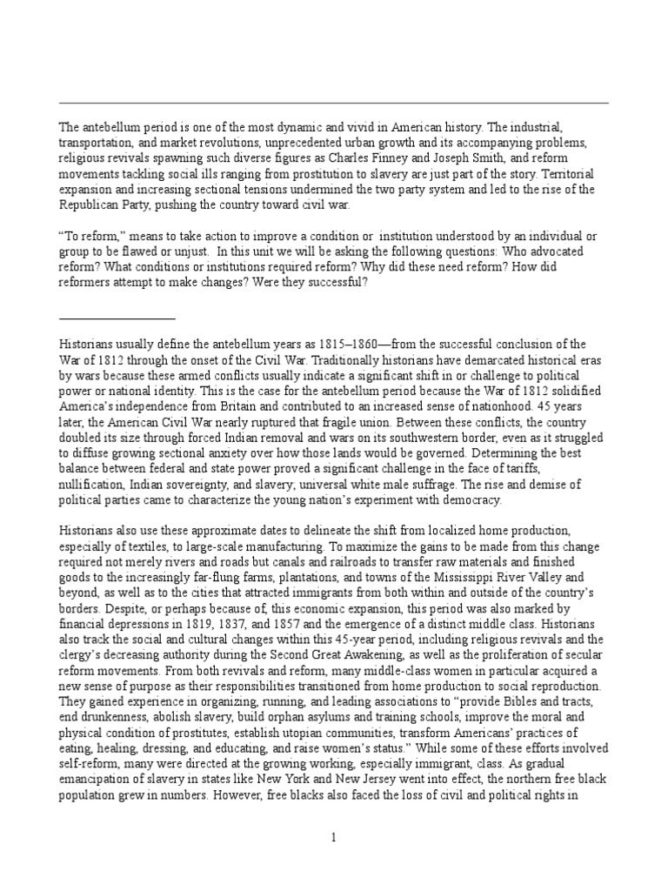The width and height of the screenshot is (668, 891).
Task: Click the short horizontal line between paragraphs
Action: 117,318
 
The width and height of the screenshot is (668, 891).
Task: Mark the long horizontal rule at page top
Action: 333,104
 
